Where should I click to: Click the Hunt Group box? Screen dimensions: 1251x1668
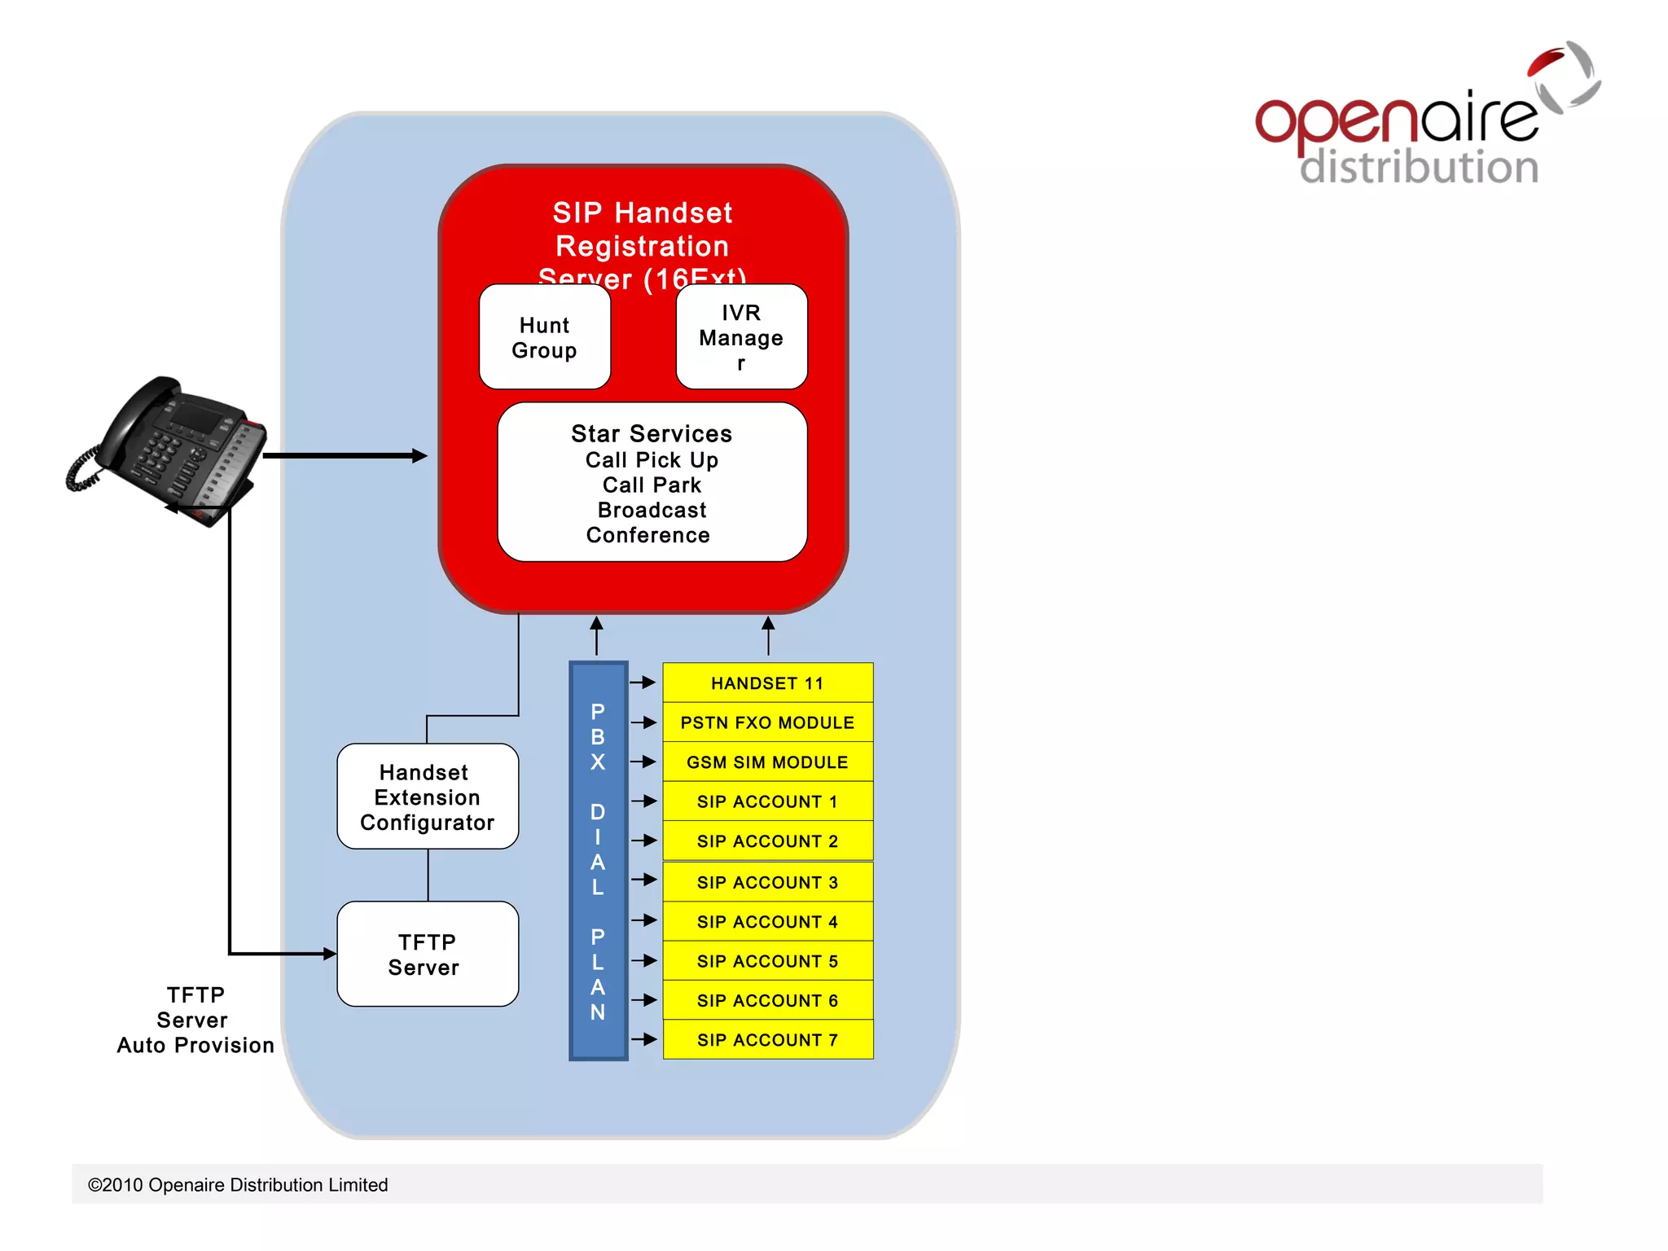point(544,337)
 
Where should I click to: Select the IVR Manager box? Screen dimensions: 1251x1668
point(741,337)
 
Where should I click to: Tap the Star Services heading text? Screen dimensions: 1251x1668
point(652,433)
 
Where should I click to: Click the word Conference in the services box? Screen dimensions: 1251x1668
point(648,535)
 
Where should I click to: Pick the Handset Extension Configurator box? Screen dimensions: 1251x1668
point(428,797)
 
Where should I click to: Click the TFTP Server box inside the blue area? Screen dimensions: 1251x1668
point(428,954)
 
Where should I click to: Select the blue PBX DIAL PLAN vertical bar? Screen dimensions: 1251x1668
point(598,861)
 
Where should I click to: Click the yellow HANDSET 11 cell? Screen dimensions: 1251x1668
point(767,683)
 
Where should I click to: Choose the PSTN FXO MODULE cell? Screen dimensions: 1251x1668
point(767,722)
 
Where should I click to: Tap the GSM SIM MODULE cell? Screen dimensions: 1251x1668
point(767,762)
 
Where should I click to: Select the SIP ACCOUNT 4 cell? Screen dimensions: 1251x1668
point(767,922)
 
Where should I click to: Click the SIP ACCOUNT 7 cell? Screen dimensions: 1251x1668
point(767,1040)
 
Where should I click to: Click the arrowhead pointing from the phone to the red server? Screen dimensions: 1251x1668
point(419,456)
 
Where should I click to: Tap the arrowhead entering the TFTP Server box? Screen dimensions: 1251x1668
point(329,954)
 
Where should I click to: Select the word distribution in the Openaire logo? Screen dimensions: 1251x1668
point(1419,167)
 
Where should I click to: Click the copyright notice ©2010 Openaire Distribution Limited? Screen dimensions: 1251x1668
point(238,1185)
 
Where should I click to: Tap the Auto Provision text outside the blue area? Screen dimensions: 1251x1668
point(195,1046)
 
